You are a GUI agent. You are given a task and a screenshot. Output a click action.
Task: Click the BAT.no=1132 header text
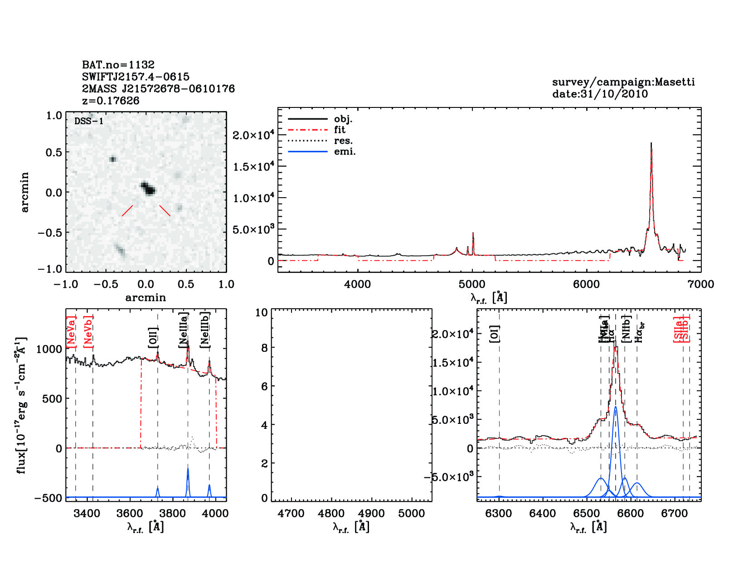coord(118,64)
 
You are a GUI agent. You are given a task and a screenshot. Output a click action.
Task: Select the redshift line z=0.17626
coord(111,100)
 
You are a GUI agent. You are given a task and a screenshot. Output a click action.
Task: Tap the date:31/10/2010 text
coord(600,94)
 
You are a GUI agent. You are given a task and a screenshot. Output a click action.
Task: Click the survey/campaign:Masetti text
coord(623,82)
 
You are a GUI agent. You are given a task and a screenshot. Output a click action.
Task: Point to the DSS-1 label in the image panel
coord(88,121)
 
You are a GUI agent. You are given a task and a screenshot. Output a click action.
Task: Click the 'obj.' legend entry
coord(343,119)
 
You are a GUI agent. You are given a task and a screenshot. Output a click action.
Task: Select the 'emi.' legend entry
coord(345,151)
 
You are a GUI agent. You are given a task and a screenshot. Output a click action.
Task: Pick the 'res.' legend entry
coord(343,141)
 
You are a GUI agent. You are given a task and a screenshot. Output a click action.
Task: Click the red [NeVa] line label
coord(71,332)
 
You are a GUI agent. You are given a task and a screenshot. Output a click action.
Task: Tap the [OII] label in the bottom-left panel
coord(153,338)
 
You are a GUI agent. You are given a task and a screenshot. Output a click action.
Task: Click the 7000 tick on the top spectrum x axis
coord(701,284)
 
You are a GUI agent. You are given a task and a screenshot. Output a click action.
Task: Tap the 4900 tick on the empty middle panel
coord(371,513)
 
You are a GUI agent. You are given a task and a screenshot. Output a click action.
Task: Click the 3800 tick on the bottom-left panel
coord(173,513)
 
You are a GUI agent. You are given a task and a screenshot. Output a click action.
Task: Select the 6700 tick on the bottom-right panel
coord(675,513)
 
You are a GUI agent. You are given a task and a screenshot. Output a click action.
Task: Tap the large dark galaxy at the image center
coord(148,188)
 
